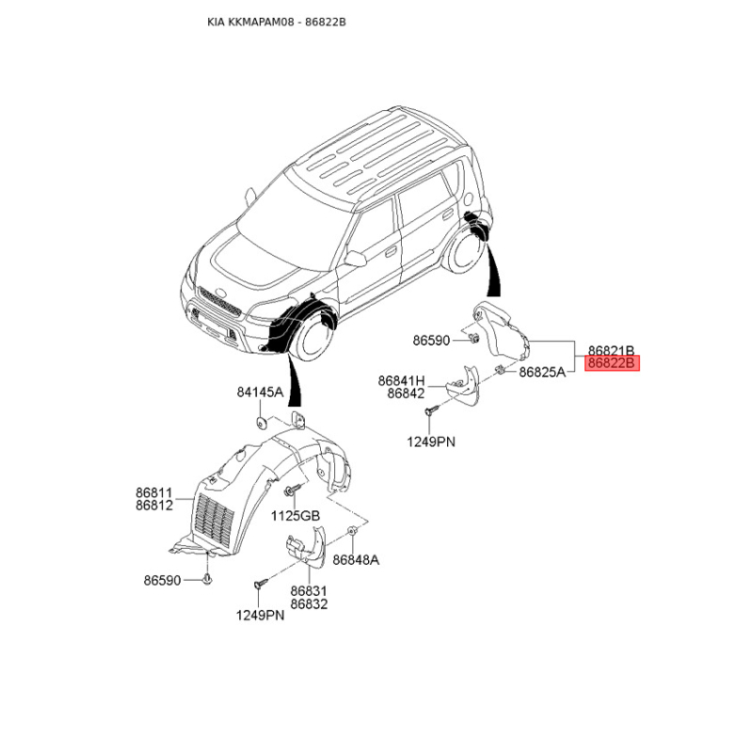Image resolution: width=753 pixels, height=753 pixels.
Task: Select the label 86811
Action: (153, 491)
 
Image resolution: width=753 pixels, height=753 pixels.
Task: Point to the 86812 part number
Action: (153, 505)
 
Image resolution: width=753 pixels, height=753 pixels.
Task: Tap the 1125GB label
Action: (296, 516)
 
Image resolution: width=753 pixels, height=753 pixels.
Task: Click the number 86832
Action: (309, 604)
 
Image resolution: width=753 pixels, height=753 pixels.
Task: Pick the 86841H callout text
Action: (402, 380)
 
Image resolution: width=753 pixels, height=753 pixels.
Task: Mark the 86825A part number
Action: (541, 372)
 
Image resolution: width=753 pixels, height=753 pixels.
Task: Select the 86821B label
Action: (612, 348)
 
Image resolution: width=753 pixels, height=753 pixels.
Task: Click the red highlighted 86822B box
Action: (612, 362)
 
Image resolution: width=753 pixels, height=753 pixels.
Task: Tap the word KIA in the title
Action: (216, 22)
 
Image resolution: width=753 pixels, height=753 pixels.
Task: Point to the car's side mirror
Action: (356, 258)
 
